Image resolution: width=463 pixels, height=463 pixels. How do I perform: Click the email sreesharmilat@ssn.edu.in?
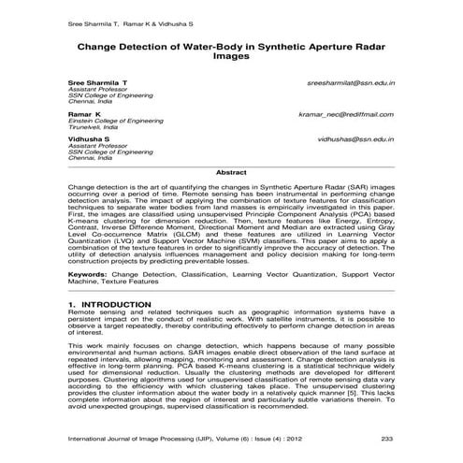pyautogui.click(x=351, y=82)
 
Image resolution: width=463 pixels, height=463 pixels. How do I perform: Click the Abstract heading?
pyautogui.click(x=231, y=173)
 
